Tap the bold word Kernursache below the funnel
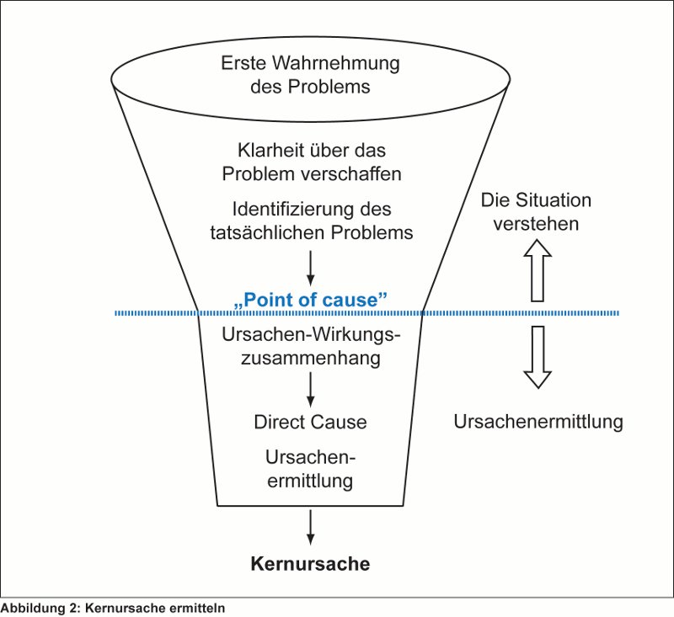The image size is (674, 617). (310, 563)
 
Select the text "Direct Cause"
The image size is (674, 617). (310, 422)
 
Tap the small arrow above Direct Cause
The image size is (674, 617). (310, 389)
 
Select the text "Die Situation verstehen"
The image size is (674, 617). (536, 213)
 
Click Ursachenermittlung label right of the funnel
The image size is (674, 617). (538, 422)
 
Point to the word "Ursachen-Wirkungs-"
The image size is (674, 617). (310, 333)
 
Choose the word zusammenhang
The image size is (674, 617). (310, 358)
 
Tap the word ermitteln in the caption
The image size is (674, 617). (200, 606)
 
